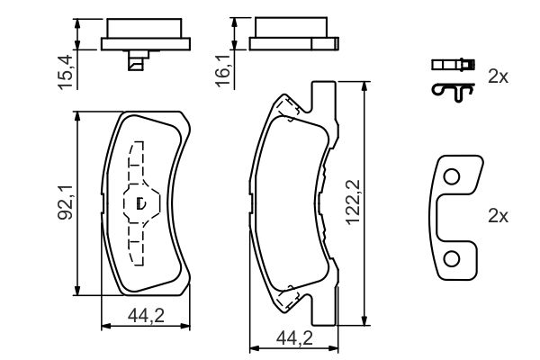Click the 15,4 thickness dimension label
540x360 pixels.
point(66,72)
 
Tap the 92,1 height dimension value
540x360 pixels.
point(65,202)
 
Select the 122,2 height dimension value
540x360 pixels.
point(353,202)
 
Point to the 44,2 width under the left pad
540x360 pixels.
point(146,316)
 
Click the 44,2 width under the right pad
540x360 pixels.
point(294,338)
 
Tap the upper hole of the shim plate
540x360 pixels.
point(452,176)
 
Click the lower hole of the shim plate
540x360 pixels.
point(452,259)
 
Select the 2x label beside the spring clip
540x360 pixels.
point(498,76)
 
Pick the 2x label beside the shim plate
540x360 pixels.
point(498,216)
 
